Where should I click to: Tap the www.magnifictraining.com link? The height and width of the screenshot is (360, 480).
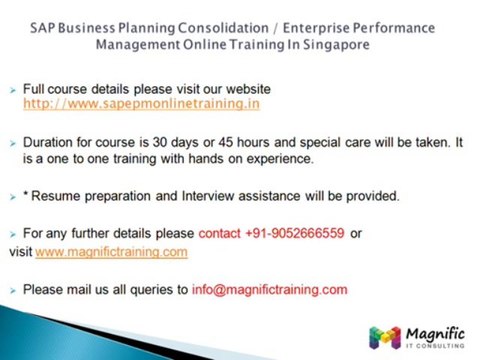pyautogui.click(x=111, y=252)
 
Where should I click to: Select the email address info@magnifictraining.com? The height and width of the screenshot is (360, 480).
pyautogui.click(x=269, y=289)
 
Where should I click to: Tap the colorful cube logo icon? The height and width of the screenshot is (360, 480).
pyautogui.click(x=384, y=337)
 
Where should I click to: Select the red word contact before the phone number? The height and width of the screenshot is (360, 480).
pyautogui.click(x=219, y=233)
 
